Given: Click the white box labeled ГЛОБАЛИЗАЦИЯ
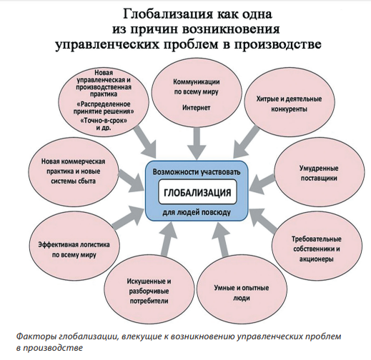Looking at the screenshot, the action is (x=197, y=192).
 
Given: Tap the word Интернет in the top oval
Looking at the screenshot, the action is (x=197, y=108).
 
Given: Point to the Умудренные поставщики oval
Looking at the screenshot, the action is (x=320, y=174).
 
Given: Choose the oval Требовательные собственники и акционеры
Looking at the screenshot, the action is (x=317, y=249).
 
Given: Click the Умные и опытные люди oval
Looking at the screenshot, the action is (x=242, y=293).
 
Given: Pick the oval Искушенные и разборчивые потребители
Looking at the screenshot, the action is (x=149, y=291).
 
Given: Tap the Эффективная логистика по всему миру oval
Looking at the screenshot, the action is (x=74, y=249).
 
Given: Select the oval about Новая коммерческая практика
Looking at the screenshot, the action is (x=74, y=171).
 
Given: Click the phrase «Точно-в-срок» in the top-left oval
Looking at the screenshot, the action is (x=104, y=121).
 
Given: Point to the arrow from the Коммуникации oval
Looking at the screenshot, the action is (x=197, y=144).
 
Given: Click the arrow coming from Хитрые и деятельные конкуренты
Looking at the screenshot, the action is (x=246, y=141).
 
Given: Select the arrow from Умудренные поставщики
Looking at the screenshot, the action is (x=262, y=184).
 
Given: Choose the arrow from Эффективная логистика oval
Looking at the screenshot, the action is (x=129, y=217).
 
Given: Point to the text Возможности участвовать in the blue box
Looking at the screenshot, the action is (x=197, y=172).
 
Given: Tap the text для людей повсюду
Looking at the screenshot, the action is (x=197, y=212).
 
